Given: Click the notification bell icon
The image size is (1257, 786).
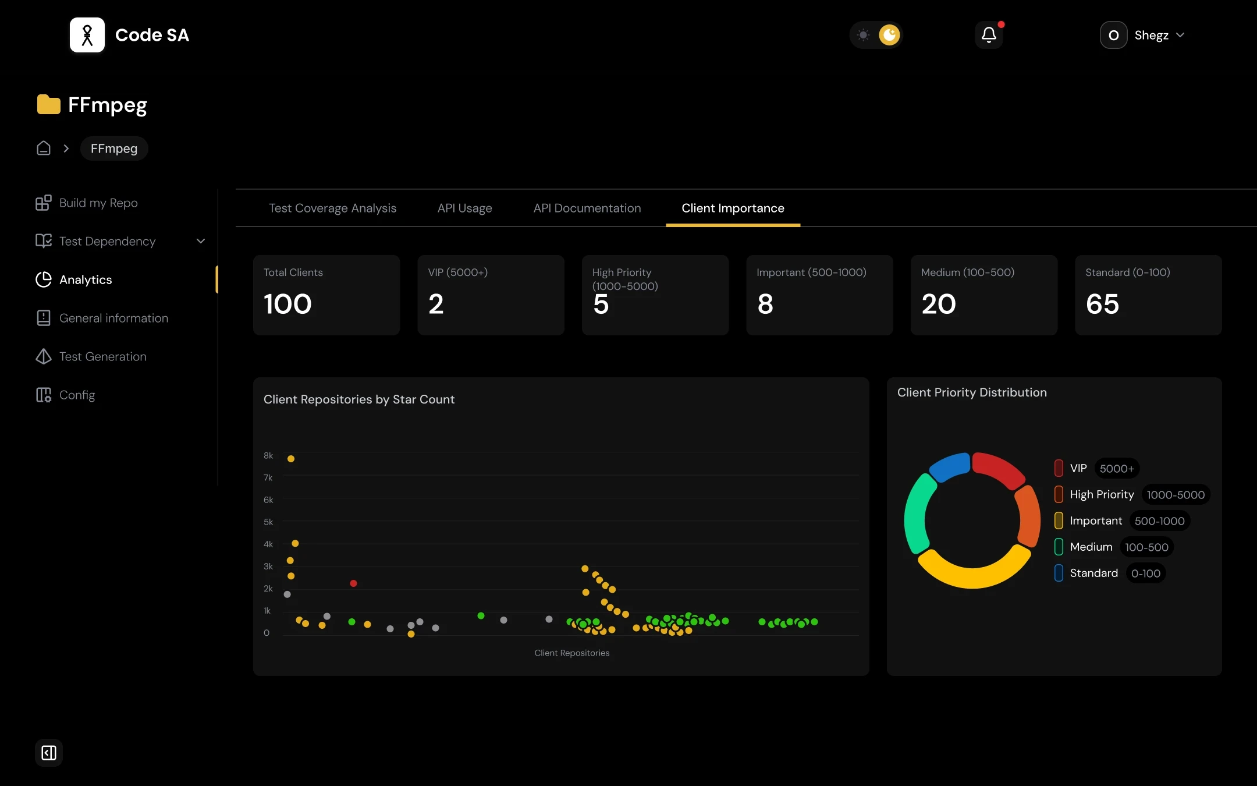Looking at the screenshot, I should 989,35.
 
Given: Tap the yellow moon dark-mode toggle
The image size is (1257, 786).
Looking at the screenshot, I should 889,35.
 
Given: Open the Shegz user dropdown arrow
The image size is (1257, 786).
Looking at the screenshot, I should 1180,35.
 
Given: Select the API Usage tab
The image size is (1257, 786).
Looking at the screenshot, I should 464,208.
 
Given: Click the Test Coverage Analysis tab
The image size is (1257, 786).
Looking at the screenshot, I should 332,208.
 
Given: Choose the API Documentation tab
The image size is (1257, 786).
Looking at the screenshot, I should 587,208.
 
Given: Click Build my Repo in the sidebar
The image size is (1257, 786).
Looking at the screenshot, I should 98,203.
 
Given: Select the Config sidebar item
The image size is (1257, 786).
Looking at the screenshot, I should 77,395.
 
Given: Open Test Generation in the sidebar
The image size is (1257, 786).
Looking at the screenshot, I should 102,357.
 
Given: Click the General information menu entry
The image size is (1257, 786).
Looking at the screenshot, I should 113,318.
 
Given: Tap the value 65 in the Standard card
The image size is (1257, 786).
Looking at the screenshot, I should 1102,304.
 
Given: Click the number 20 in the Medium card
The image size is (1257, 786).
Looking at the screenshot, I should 938,304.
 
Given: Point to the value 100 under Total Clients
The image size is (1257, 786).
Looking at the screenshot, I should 287,304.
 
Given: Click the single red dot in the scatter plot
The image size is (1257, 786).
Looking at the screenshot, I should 353,583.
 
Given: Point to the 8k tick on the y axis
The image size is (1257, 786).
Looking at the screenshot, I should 268,456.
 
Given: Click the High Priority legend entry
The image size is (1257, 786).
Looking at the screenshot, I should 1102,495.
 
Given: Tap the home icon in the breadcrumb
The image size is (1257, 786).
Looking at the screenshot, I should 44,148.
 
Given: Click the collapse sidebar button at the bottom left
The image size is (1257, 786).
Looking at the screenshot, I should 49,753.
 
